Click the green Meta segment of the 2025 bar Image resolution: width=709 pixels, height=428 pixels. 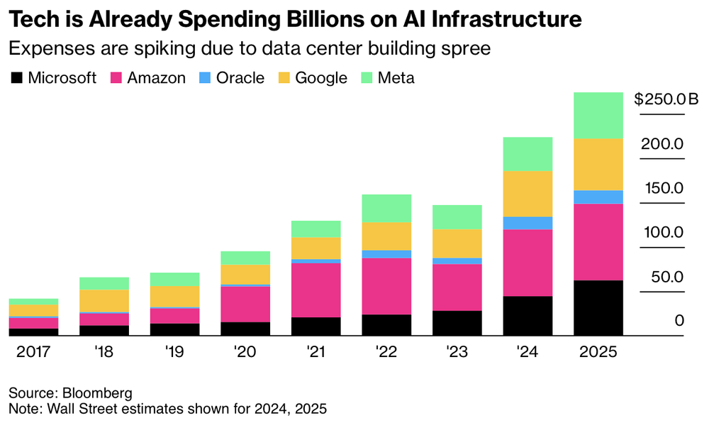coord(598,115)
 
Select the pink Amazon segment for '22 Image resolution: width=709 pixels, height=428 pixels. coord(386,286)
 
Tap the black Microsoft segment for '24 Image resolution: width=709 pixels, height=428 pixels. coord(527,316)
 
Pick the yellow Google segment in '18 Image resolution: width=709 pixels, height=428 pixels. coord(104,300)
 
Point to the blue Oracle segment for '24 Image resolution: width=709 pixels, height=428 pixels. coord(527,223)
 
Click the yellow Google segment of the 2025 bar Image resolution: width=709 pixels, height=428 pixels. coord(598,164)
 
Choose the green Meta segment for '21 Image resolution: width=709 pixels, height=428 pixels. coord(316,229)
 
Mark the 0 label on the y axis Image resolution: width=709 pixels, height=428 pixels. coord(679,321)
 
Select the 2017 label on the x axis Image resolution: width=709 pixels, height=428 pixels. coord(33,352)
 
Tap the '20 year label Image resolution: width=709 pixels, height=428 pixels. coord(245,352)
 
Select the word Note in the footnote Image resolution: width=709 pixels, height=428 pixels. coord(23,408)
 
